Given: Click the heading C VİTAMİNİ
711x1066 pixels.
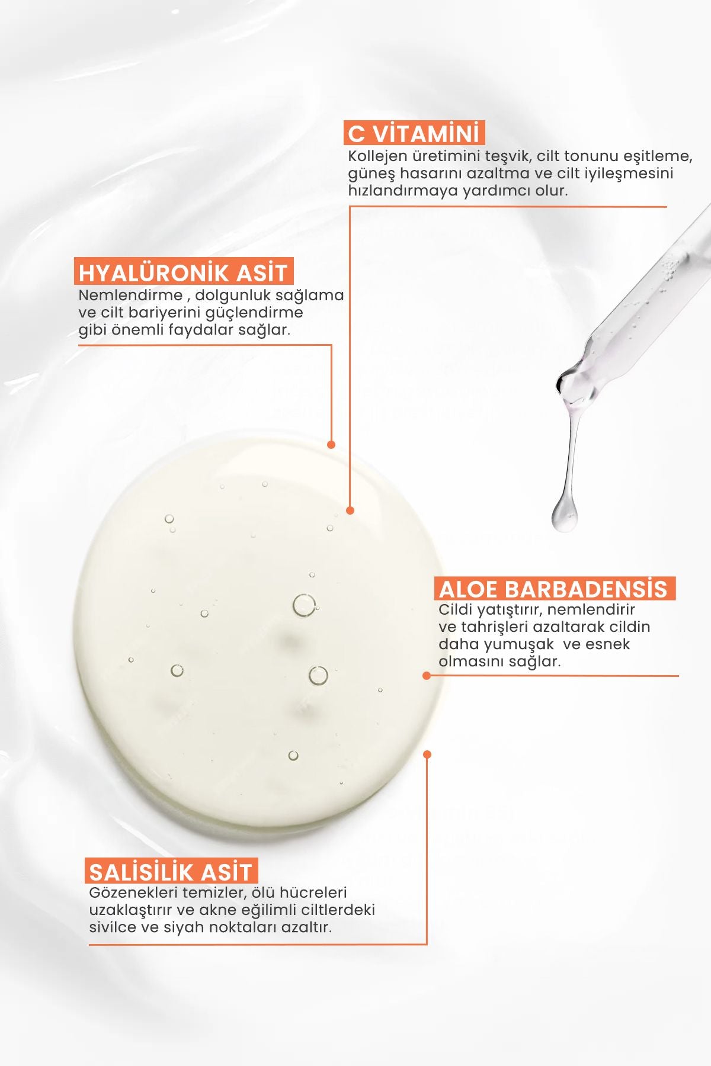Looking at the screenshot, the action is tap(414, 133).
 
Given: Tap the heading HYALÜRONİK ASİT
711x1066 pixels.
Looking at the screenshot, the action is tap(183, 272).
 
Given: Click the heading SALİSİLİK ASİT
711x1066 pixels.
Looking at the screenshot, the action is tap(171, 872).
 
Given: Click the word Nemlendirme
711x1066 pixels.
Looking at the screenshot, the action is tap(130, 295).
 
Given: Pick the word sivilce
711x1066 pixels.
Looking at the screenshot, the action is tap(113, 927).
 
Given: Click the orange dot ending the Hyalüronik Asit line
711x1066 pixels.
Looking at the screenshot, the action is tap(331, 444).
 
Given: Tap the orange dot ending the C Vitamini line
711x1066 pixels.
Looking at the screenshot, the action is tap(350, 510).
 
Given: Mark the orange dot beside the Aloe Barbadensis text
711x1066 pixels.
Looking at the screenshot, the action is tap(427, 675).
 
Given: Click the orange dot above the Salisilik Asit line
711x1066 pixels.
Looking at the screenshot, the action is tap(427, 754).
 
